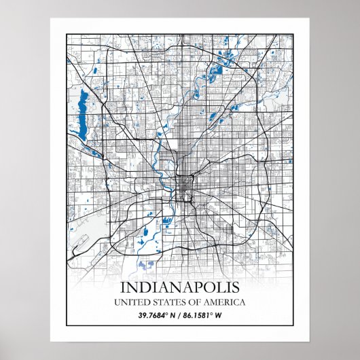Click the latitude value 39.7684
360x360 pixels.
[154, 315]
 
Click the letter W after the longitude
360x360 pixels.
[221, 315]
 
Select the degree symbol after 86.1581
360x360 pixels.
[215, 313]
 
